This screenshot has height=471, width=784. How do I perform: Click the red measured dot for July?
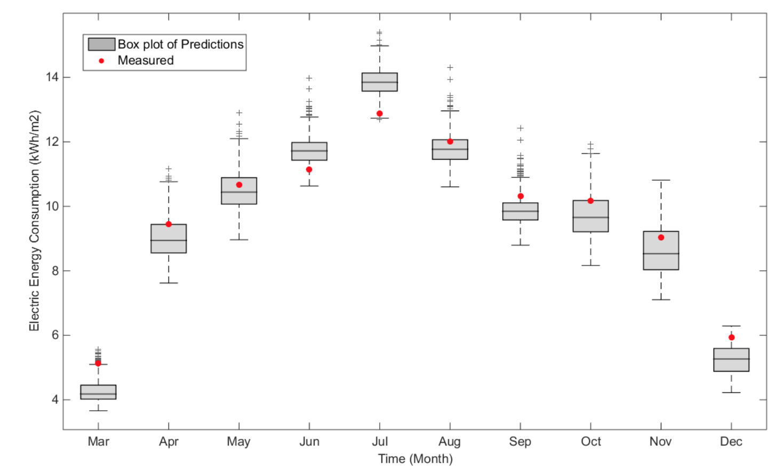pos(380,114)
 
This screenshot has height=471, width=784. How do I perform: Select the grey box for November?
pos(661,250)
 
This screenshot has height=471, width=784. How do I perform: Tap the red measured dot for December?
pos(731,337)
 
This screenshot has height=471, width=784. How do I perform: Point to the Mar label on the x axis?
pos(98,442)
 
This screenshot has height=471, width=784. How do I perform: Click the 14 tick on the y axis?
pos(52,77)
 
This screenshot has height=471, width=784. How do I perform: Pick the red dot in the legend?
pos(101,61)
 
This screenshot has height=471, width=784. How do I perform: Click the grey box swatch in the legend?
pos(101,44)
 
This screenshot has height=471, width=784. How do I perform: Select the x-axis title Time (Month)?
pos(415,459)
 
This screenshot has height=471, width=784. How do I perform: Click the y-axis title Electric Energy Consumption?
pos(35,221)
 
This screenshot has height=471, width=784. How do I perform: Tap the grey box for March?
pos(98,392)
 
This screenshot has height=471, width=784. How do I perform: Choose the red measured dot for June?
pos(309,170)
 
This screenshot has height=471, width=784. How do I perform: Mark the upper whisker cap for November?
pos(661,180)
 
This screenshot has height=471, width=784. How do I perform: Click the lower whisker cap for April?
pos(169,283)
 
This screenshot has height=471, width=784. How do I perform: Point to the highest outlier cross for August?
pos(450,68)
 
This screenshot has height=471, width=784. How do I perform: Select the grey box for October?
pos(590,216)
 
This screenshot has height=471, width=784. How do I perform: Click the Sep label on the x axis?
pos(520,442)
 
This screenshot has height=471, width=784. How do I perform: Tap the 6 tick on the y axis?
pos(55,335)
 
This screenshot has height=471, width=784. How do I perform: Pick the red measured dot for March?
pos(98,364)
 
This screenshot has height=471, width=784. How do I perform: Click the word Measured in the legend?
pos(146,60)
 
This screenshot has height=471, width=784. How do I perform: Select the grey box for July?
pos(380,82)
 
